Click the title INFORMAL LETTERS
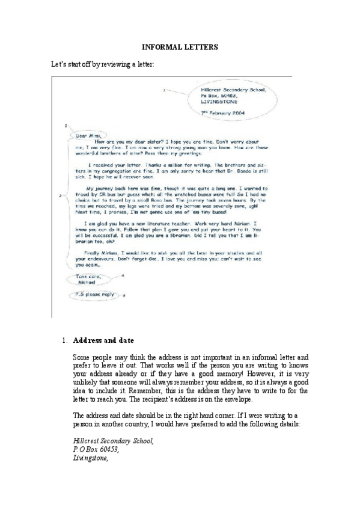point(179,46)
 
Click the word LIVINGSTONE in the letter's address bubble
point(218,102)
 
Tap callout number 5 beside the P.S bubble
point(124,296)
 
